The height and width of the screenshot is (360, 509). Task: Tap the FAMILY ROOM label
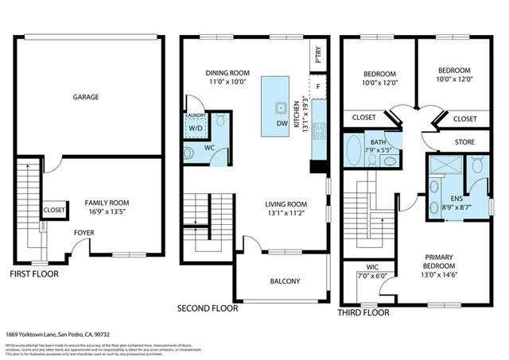[107, 203]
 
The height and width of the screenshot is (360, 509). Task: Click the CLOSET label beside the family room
[54, 211]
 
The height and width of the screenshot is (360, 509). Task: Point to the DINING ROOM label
[228, 72]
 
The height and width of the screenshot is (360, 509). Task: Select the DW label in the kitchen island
[281, 123]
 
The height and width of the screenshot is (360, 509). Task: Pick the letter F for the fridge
[318, 86]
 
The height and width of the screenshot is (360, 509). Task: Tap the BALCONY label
[284, 281]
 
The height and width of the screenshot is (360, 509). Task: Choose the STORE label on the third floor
[465, 142]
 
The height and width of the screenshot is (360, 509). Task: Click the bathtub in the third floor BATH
[355, 149]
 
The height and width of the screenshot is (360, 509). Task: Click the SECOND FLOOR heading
[207, 307]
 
